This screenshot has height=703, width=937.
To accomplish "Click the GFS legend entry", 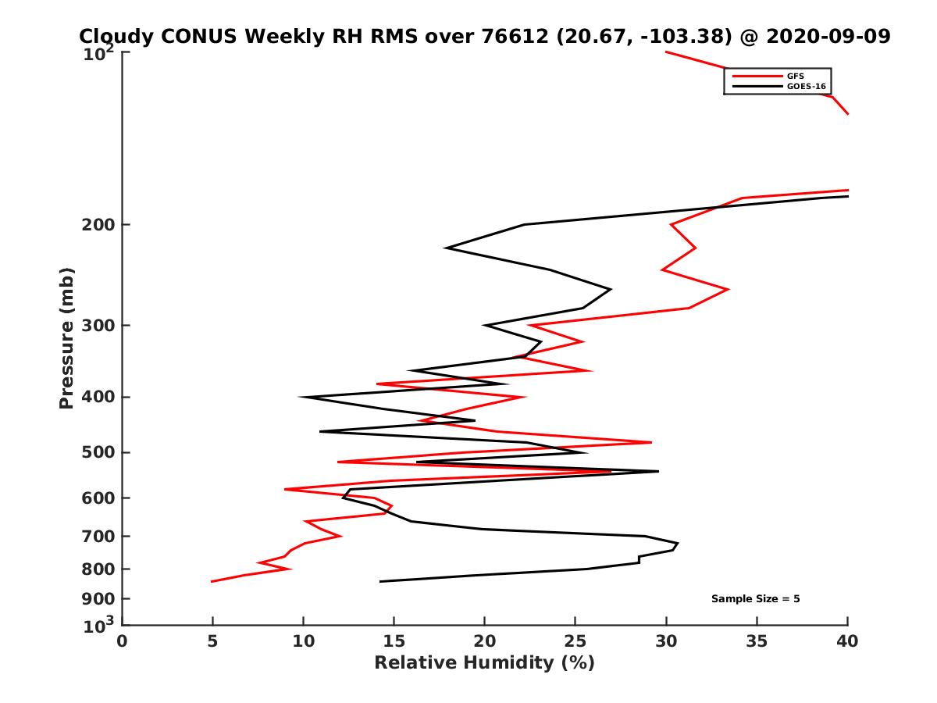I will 795,76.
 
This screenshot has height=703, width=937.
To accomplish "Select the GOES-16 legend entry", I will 805,87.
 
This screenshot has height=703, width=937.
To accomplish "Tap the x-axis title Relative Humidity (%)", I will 484,663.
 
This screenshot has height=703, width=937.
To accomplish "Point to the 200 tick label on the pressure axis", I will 97,225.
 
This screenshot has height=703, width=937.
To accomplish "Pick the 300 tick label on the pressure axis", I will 97,326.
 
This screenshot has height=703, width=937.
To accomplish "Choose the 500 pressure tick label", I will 97,452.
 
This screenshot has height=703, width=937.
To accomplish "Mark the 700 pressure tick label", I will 97,537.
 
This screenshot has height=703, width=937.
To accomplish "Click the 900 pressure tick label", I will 97,599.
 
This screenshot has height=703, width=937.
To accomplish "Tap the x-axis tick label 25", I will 575,642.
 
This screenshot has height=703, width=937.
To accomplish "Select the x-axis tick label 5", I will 212,642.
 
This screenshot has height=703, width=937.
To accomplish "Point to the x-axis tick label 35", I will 757,642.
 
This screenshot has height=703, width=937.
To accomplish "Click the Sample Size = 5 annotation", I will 755,599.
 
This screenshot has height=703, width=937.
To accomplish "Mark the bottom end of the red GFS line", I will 212,581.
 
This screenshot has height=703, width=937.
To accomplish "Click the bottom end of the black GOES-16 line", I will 380,581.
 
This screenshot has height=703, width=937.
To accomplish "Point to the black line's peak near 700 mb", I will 678,544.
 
